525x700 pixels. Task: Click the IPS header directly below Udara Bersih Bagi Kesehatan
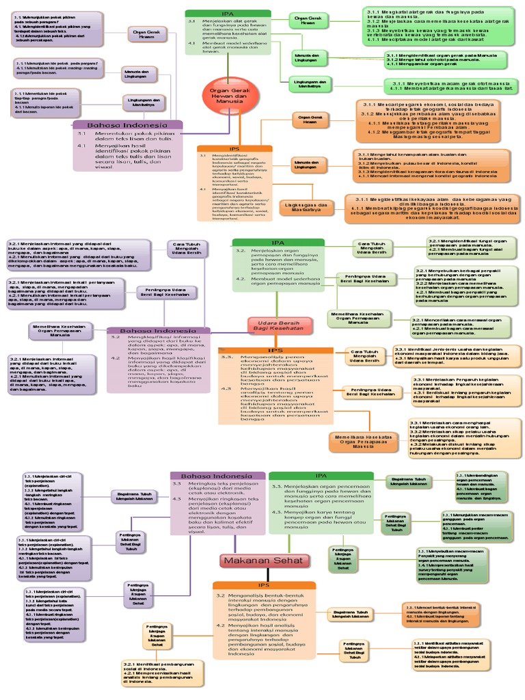click(x=275, y=351)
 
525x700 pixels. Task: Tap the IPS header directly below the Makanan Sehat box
click(x=264, y=585)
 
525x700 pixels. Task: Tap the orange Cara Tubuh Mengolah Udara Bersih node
click(x=366, y=356)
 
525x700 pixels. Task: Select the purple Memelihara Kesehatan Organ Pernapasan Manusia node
click(x=59, y=331)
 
